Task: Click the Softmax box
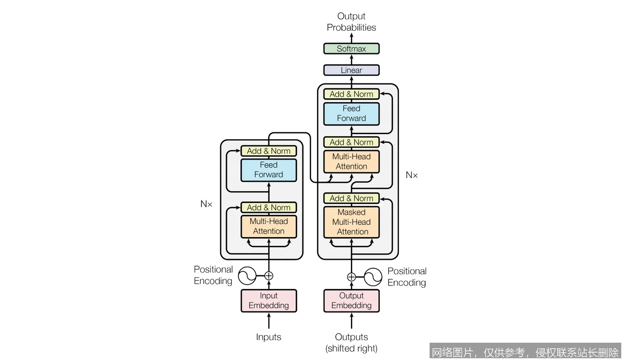[x=351, y=48]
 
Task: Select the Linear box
[x=351, y=70]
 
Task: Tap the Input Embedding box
[x=269, y=301]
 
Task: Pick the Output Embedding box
[x=351, y=301]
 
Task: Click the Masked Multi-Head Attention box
[x=351, y=222]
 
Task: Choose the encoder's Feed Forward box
[x=269, y=170]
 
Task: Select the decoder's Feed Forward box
[x=351, y=113]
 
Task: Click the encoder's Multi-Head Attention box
[x=269, y=226]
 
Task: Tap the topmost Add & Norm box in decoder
[x=351, y=94]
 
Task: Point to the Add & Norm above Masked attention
[x=351, y=198]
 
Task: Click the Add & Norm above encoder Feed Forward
[x=269, y=151]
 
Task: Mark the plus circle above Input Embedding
[x=269, y=276]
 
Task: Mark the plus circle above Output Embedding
[x=351, y=277]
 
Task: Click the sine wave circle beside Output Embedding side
[x=373, y=277]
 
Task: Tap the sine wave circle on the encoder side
[x=247, y=276]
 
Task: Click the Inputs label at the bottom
[x=269, y=337]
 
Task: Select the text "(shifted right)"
[x=351, y=348]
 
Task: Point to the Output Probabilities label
[x=351, y=22]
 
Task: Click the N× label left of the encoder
[x=206, y=204]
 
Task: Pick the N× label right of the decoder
[x=412, y=175]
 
